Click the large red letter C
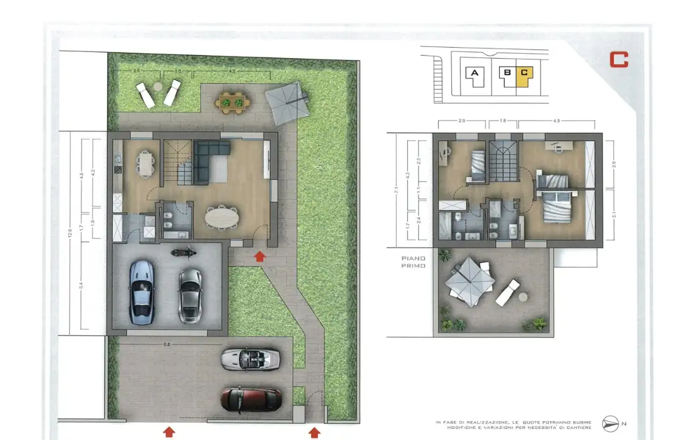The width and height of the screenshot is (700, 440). coord(619,59)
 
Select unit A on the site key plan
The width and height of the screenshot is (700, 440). coord(474,73)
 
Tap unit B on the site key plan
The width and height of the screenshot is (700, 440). coord(506,73)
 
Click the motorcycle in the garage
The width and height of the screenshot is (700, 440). coord(183,251)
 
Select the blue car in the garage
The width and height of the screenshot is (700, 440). coord(142,292)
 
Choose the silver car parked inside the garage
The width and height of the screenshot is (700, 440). coord(190,296)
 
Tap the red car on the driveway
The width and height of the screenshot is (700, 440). coord(250,399)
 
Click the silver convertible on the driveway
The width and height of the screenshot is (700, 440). coord(250,359)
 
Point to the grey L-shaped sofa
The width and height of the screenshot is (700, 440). coord(208,159)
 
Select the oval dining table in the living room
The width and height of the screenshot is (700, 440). coord(222,216)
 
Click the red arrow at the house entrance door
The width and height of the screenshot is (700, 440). coord(260,255)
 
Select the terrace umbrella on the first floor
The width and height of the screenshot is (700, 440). coord(469,281)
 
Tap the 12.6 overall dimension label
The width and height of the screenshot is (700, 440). coord(70,232)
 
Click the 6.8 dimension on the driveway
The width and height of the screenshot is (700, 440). coord(166,345)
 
